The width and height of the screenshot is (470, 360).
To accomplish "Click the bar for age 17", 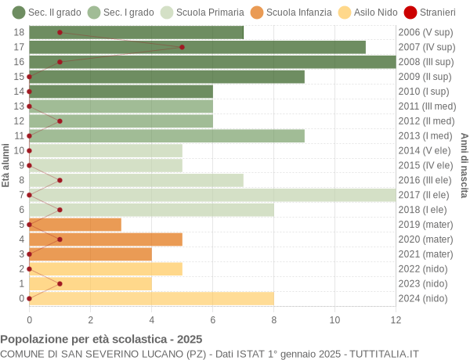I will coord(197,47).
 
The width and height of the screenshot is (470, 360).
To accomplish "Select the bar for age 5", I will coord(75,225).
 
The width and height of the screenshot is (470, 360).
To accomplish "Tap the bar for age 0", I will coord(151,298).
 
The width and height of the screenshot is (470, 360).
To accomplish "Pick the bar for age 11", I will coord(167,136).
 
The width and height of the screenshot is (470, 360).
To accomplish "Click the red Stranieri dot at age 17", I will coord(182,47).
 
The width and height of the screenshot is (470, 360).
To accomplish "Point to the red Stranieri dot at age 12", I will coord(60,121).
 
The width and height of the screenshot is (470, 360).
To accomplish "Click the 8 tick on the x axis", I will coord(273,319).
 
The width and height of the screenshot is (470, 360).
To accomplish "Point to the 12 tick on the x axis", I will coord(396,319).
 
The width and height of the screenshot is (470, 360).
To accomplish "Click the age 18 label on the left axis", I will coord(20,32).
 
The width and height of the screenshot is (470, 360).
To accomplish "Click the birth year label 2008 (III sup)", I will coord(425,62).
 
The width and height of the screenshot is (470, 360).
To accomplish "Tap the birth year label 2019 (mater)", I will coord(425,225).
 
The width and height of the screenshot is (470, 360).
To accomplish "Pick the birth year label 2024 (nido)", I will coord(423,298).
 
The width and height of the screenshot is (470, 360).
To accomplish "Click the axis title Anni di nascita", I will coord(464,165).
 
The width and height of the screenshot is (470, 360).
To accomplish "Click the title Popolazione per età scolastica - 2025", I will coord(101,340).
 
